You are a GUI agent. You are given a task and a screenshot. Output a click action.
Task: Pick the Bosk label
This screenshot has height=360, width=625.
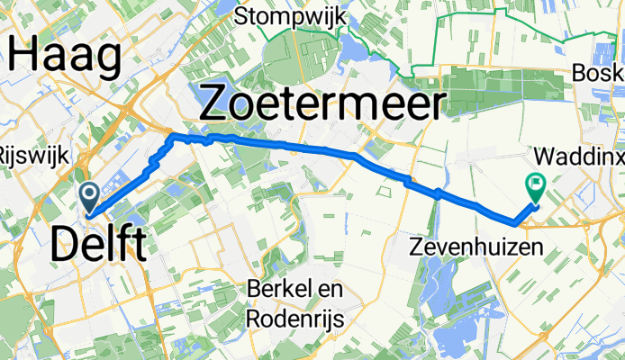tap(601, 73)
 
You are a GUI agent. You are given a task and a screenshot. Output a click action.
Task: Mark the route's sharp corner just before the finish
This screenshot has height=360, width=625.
tap(513, 220)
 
